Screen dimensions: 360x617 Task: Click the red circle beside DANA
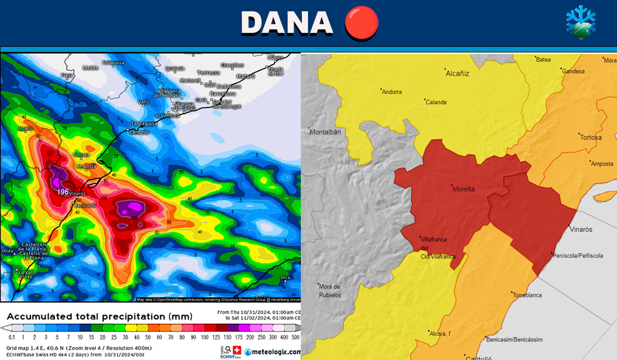point(361,22)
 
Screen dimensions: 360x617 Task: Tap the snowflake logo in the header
point(581,22)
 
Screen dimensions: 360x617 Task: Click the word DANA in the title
point(287,22)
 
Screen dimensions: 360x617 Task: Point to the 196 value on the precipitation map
point(63,192)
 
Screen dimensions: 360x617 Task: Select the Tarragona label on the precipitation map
point(144,124)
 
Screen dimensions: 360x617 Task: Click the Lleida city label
point(90,68)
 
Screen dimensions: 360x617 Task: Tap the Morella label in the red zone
point(464,189)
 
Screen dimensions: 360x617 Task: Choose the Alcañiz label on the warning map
point(457,74)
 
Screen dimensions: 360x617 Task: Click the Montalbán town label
point(325,132)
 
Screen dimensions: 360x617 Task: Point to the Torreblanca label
point(528,295)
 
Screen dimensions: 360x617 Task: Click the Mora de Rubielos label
point(330,291)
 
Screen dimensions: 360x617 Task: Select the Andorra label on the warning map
point(392,92)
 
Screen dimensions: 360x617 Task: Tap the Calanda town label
point(436,102)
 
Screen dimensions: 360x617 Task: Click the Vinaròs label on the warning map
point(581,230)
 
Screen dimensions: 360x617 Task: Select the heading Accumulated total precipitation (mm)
point(100,316)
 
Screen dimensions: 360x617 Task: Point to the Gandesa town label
point(573,71)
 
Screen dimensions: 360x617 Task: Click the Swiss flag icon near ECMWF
point(237,350)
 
